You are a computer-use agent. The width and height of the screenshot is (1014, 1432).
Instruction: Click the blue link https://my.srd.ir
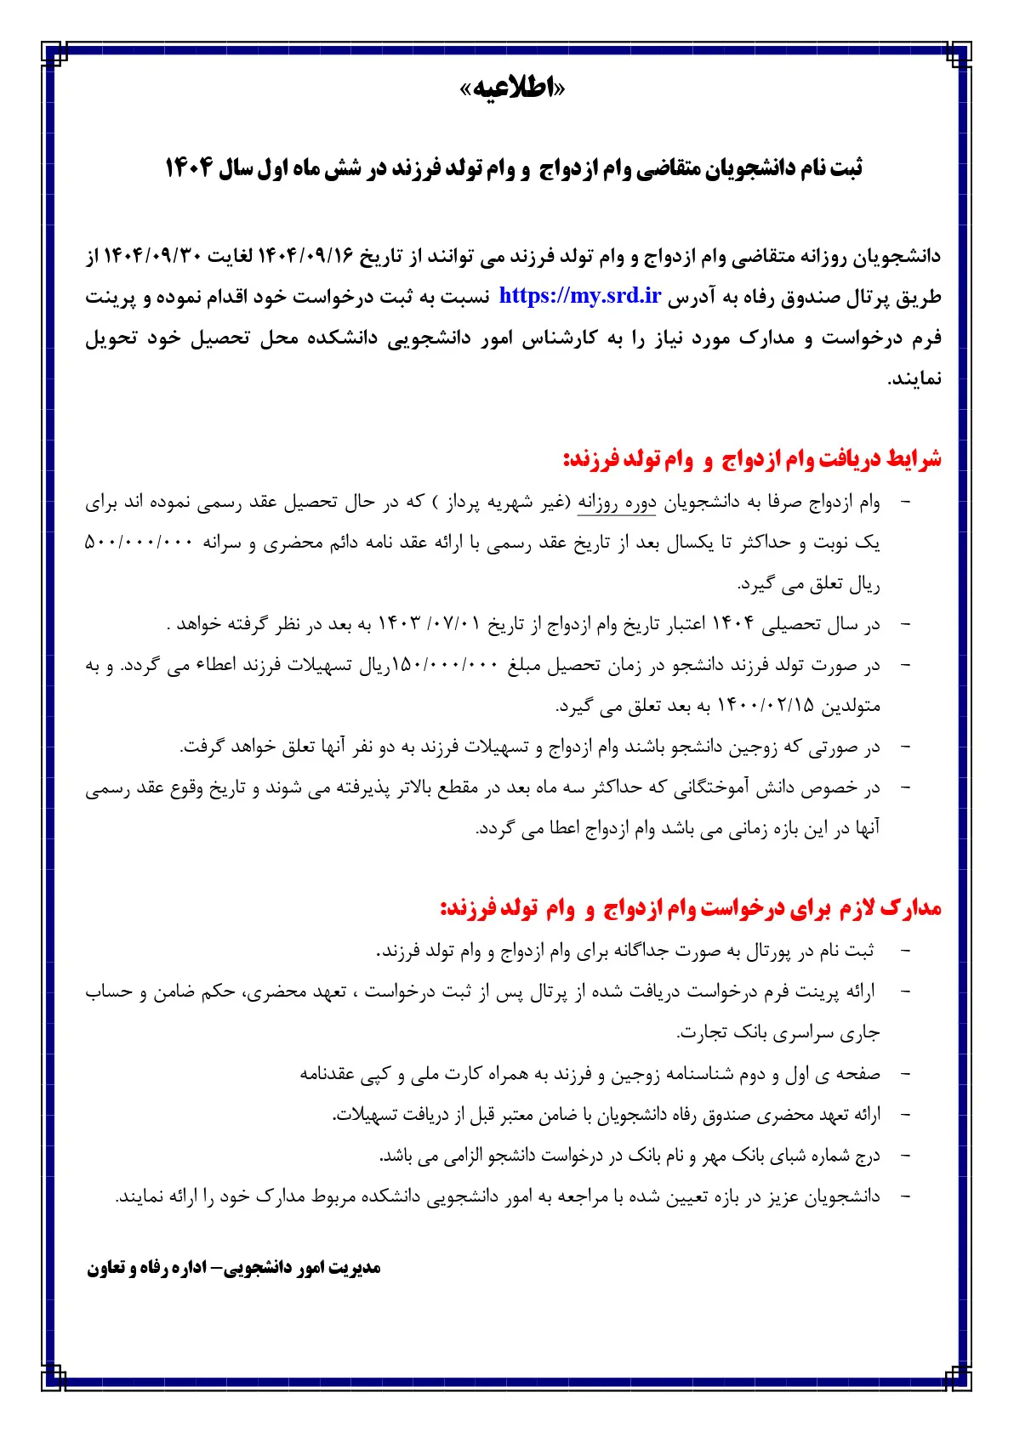coord(579,296)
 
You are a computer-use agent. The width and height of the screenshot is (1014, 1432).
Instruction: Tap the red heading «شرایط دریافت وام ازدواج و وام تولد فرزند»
coord(752,460)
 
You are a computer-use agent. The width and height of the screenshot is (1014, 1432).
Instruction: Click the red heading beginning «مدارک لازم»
coord(691,909)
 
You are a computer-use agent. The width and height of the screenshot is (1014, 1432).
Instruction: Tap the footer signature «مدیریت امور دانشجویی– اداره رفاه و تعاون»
coord(233,1268)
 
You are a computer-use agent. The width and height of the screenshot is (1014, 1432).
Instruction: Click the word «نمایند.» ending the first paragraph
coord(914,378)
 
